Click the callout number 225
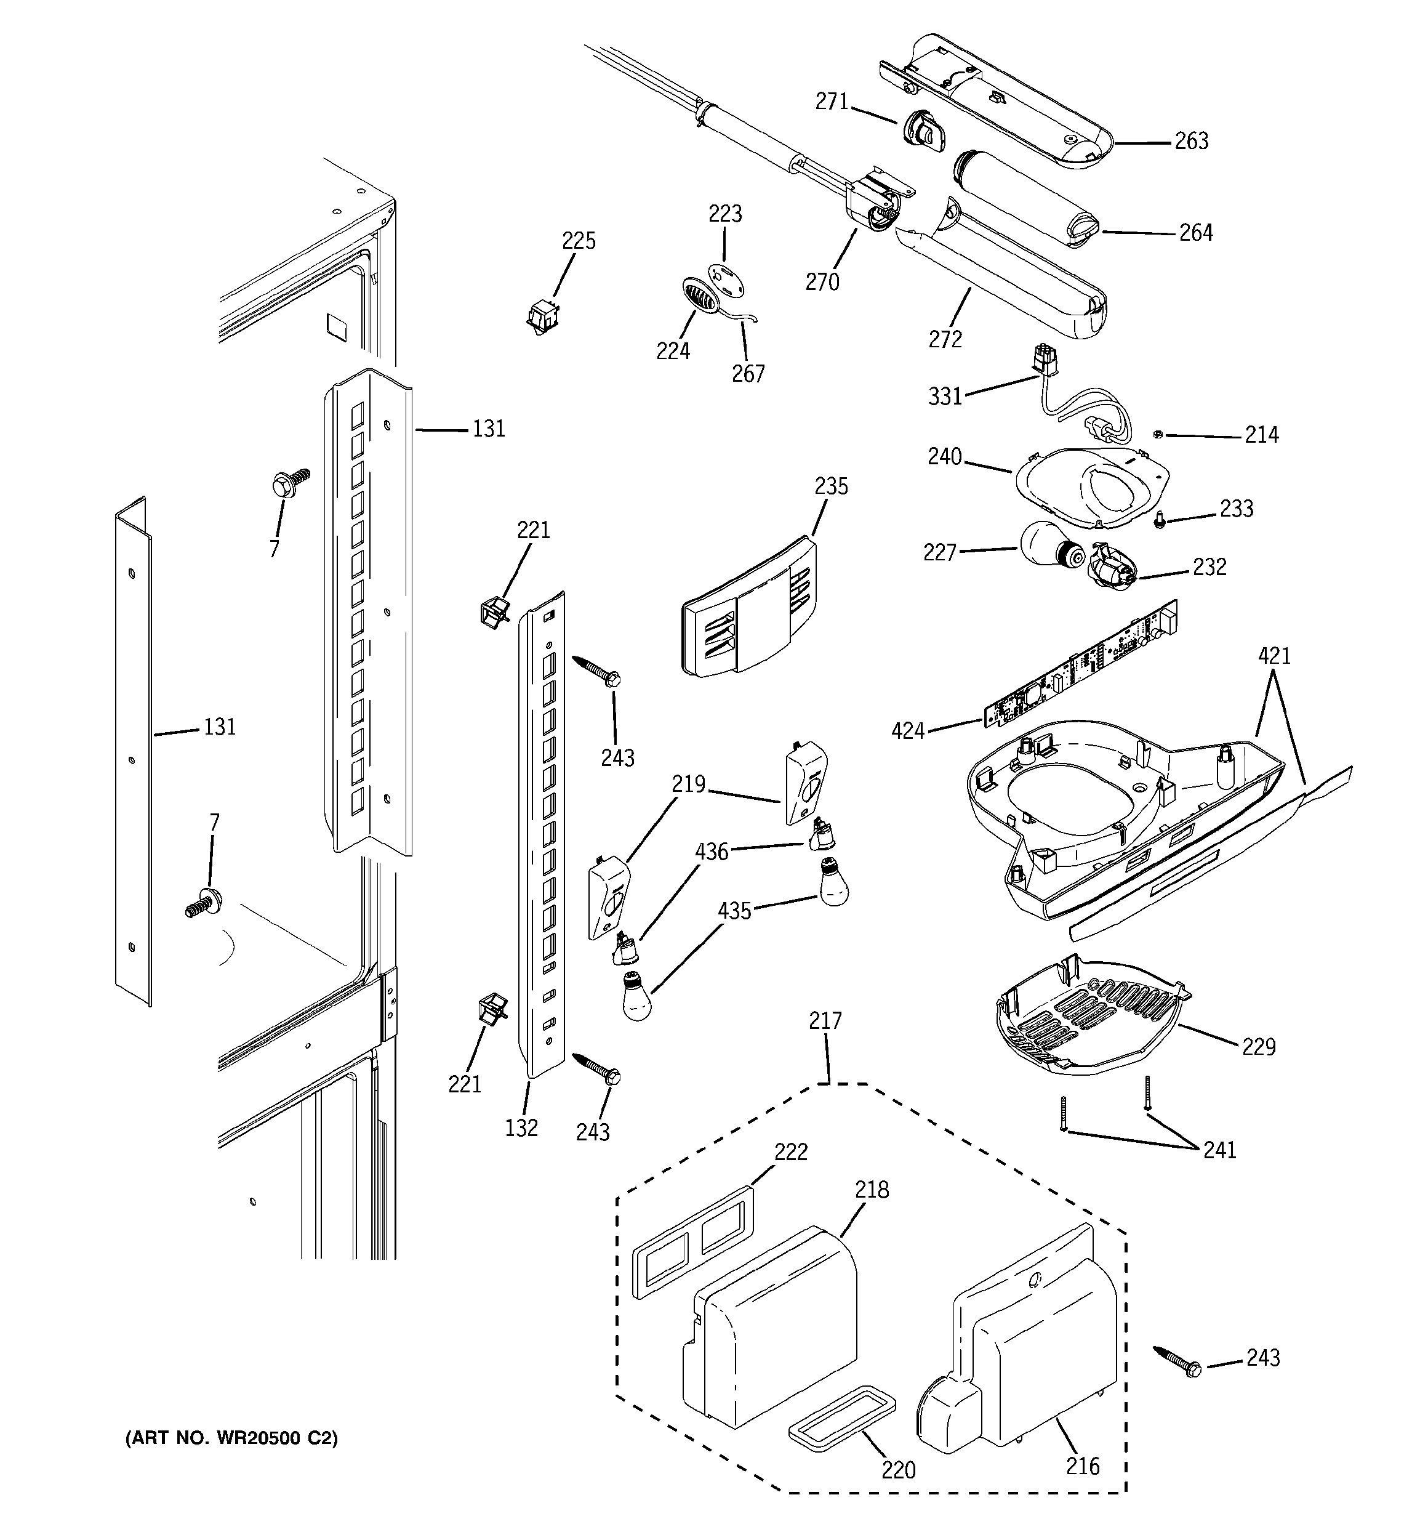coord(579,241)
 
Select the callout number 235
coord(831,486)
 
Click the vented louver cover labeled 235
coord(747,610)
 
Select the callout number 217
coord(825,1020)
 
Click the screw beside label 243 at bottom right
coord(1177,1361)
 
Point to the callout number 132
coord(521,1127)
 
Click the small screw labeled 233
coord(1159,522)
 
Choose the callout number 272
coord(945,339)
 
